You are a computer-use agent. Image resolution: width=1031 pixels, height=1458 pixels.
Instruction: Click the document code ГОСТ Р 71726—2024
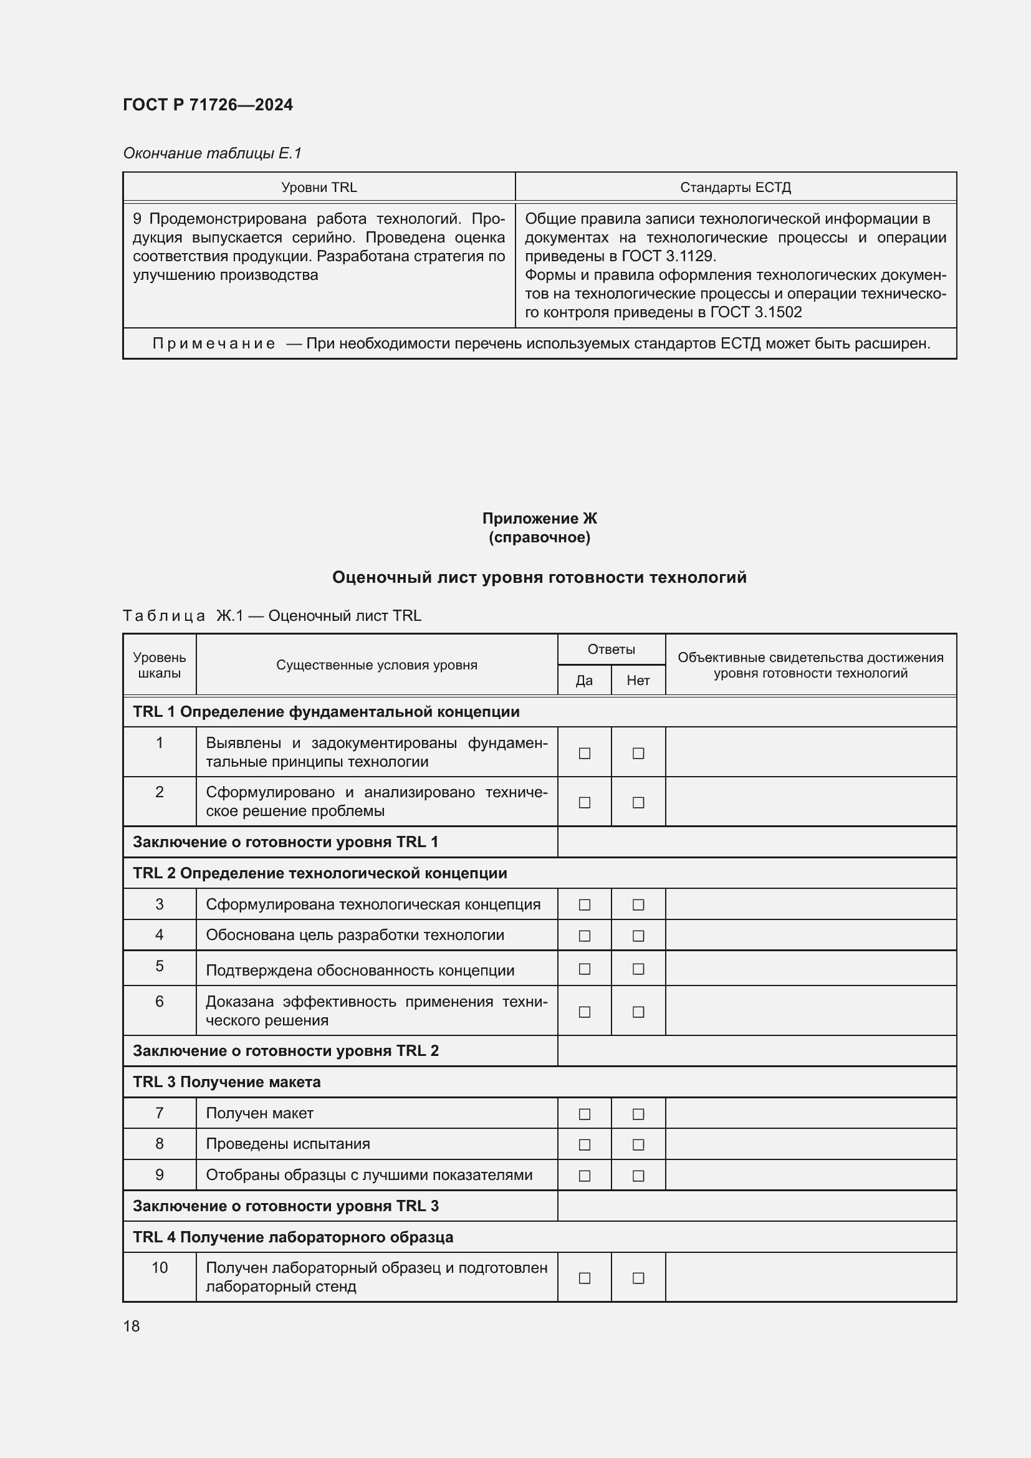click(208, 105)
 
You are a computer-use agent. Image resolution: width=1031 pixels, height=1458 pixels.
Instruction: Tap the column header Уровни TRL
click(319, 188)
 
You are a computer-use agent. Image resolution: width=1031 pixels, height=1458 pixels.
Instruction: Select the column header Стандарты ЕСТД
click(735, 188)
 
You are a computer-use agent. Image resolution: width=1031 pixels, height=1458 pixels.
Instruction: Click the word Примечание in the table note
click(214, 343)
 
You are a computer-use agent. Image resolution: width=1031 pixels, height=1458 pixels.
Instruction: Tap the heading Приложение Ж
click(539, 518)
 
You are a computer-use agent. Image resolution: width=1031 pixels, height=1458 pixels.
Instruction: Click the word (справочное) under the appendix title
click(539, 537)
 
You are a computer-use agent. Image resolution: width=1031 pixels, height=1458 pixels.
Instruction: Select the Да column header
click(584, 680)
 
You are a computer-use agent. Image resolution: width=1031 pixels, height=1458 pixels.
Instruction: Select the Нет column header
click(638, 680)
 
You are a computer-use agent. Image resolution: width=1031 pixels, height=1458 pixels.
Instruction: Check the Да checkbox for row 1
click(585, 753)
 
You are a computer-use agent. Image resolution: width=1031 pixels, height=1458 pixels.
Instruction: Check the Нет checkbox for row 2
click(639, 803)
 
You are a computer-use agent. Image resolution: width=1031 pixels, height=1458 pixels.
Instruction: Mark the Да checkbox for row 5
click(585, 969)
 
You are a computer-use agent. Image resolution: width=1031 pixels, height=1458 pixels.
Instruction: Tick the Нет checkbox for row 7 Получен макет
click(639, 1114)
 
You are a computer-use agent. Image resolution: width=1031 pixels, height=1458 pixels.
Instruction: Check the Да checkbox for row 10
click(585, 1278)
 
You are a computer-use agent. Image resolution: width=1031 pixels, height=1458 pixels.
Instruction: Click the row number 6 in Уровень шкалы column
click(160, 1002)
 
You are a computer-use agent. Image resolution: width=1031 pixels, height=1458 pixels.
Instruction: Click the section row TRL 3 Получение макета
click(227, 1082)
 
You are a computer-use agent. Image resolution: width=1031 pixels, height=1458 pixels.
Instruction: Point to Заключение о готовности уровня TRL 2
click(285, 1051)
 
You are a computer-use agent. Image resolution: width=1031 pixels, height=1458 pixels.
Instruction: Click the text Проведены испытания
click(287, 1144)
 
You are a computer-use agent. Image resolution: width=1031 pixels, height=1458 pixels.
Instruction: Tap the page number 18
click(132, 1326)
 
